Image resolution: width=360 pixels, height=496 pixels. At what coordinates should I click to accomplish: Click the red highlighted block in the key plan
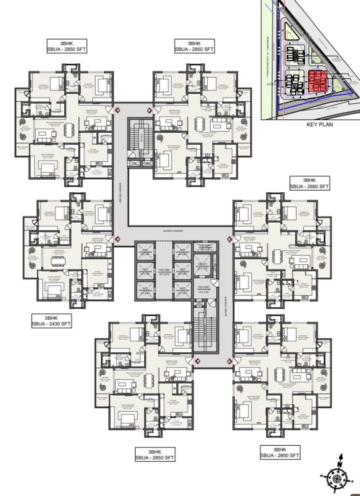pos(319,82)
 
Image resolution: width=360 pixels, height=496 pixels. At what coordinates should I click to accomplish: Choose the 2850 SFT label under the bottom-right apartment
pos(280,453)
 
